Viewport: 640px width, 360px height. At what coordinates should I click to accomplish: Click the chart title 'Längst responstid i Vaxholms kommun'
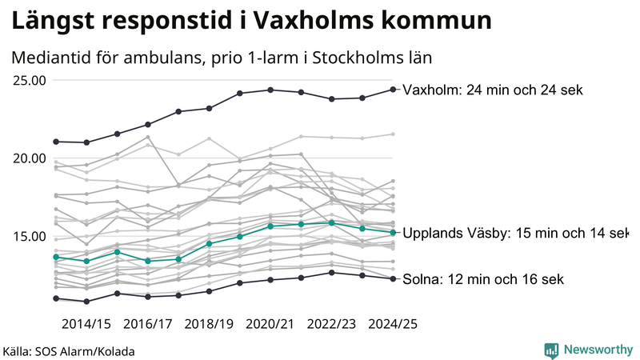point(251,22)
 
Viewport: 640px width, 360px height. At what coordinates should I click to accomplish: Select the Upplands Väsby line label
point(515,234)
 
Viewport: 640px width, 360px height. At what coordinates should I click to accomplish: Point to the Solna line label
point(484,279)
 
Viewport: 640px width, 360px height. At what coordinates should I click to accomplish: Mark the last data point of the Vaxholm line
point(393,90)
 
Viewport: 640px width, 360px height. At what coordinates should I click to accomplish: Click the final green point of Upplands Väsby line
point(393,233)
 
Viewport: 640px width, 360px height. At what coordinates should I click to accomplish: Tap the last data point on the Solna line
point(393,278)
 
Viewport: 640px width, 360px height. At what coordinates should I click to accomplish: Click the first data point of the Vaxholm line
point(56,142)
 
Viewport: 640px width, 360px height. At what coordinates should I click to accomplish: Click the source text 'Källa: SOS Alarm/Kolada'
point(69,350)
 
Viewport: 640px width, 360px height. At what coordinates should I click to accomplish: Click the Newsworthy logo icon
point(551,350)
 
